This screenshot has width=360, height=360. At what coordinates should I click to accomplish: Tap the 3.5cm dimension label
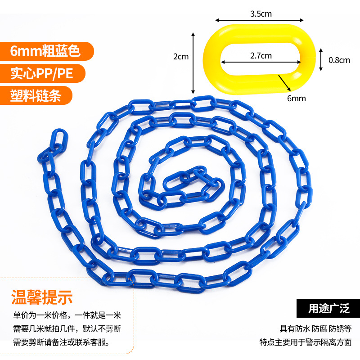coord(261,13)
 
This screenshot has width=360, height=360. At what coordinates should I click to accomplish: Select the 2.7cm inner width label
coord(261,55)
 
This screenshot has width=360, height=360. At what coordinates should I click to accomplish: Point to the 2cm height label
coord(181,57)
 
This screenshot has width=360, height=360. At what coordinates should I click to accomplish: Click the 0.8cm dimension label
coord(339,60)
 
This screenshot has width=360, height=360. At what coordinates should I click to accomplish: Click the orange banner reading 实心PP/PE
coord(41,73)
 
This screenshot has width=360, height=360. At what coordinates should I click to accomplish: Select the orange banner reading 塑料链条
coord(36,95)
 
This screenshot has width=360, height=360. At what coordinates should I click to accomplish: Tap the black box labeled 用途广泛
coord(328,309)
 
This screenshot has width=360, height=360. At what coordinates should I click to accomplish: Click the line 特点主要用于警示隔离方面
coord(306,342)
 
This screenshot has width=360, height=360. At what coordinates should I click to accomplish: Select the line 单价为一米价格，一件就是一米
coord(67,315)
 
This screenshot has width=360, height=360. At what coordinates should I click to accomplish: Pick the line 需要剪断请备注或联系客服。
coord(60,342)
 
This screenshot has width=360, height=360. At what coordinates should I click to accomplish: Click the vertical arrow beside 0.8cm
coord(321,59)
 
